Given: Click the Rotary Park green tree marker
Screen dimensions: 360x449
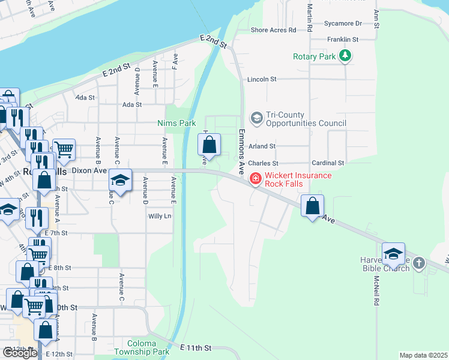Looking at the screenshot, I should point(345,56).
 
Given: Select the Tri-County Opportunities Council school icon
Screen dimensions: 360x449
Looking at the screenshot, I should point(256,118).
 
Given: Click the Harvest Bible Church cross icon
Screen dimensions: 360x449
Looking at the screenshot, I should point(419,263).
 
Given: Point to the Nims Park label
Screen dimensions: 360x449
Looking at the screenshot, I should point(176,123).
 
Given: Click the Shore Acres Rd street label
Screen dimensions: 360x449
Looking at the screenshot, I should point(273,29).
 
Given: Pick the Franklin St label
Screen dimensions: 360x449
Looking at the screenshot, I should point(343,40).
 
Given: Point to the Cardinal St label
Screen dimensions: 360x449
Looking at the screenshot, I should point(328,163).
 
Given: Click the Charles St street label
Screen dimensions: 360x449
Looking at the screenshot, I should point(263,163).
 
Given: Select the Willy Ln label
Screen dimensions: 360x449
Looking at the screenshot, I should point(160,216).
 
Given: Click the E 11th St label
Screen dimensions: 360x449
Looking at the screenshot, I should point(196,347).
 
